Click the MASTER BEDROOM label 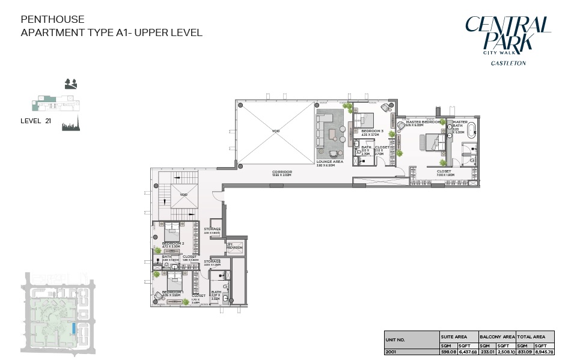coord(424,122)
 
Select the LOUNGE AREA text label coord(329,162)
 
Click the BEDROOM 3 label coord(372,131)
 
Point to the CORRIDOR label coord(282,171)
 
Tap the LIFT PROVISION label coord(234,246)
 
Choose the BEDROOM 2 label coord(173,243)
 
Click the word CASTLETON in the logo coord(508,63)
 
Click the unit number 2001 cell coord(392,352)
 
